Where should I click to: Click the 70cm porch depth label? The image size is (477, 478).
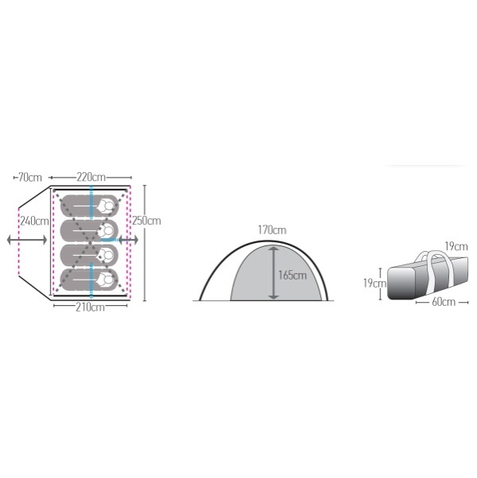click(30, 178)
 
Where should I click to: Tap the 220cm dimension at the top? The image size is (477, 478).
click(91, 177)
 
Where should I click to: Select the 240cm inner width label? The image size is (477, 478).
click(34, 221)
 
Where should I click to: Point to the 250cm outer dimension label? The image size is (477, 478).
click(147, 221)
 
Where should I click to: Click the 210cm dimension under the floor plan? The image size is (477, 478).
click(90, 308)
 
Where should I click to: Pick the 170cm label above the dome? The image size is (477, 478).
click(272, 230)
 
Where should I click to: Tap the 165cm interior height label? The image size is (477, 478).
click(292, 276)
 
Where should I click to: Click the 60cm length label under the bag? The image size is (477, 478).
click(444, 302)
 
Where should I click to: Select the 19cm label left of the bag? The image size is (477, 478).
click(374, 283)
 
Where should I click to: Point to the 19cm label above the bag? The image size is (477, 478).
click(456, 246)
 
